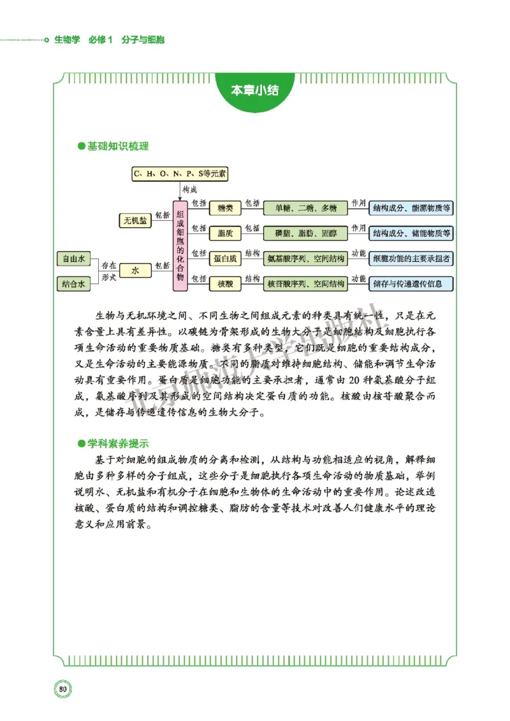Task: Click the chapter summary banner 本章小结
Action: pos(254,89)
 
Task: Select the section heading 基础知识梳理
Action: pos(117,146)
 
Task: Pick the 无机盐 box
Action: pos(135,220)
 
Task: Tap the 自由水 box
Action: pos(73,259)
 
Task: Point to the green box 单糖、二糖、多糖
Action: pos(305,208)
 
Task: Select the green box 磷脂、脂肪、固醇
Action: pos(305,233)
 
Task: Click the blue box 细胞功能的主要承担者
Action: pos(411,259)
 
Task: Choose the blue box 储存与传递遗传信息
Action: pos(411,283)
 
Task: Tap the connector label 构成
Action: pos(190,190)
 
